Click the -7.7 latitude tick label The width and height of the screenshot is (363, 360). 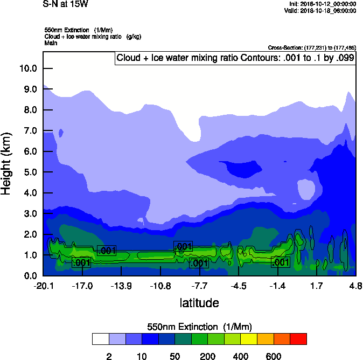click(200, 285)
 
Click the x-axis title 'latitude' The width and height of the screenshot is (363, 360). click(199, 303)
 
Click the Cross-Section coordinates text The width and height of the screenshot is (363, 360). click(311, 48)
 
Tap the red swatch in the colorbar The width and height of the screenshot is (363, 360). click(298, 339)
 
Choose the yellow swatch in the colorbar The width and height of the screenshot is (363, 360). click(249, 339)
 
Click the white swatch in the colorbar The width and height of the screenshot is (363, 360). click(100, 339)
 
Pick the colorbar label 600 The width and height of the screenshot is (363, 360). click(274, 356)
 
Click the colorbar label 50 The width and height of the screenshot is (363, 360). click(174, 356)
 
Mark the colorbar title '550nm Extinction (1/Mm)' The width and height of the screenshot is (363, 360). click(199, 327)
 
